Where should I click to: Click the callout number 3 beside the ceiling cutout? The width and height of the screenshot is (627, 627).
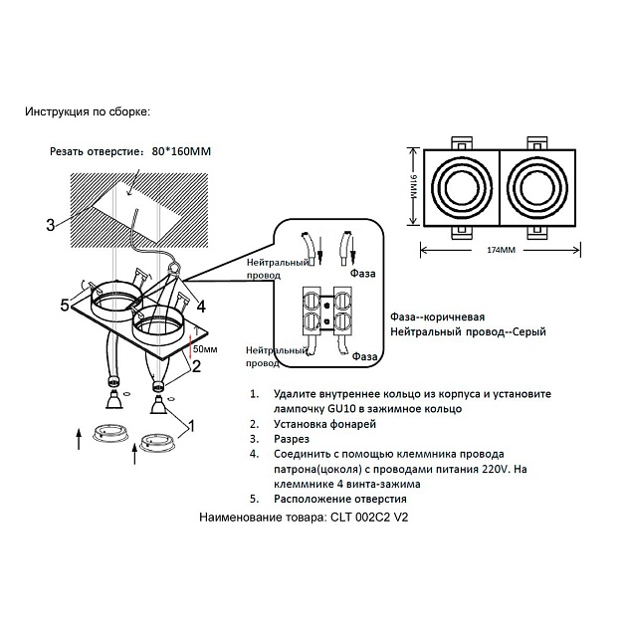coord(50,225)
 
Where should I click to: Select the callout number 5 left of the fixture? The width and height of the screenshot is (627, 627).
coord(66,306)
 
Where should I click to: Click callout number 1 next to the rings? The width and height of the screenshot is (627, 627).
coord(191,425)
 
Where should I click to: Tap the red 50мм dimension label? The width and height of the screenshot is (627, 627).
coord(204,349)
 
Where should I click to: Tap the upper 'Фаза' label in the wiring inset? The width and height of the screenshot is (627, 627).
coord(362,270)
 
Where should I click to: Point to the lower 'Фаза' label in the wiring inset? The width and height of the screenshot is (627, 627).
coord(363,355)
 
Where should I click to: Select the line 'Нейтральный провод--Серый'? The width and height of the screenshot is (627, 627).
coord(468,331)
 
